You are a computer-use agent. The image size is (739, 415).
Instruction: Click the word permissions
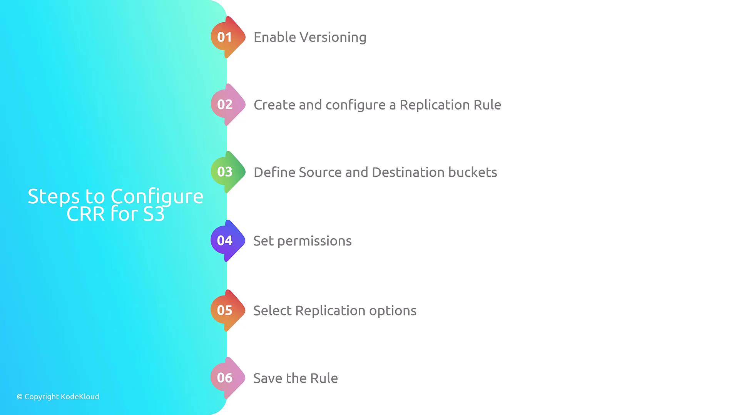click(314, 241)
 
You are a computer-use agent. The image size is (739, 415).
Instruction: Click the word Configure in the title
click(157, 197)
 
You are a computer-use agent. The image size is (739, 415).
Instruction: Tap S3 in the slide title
click(154, 214)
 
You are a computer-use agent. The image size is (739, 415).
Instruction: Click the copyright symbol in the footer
click(20, 397)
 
